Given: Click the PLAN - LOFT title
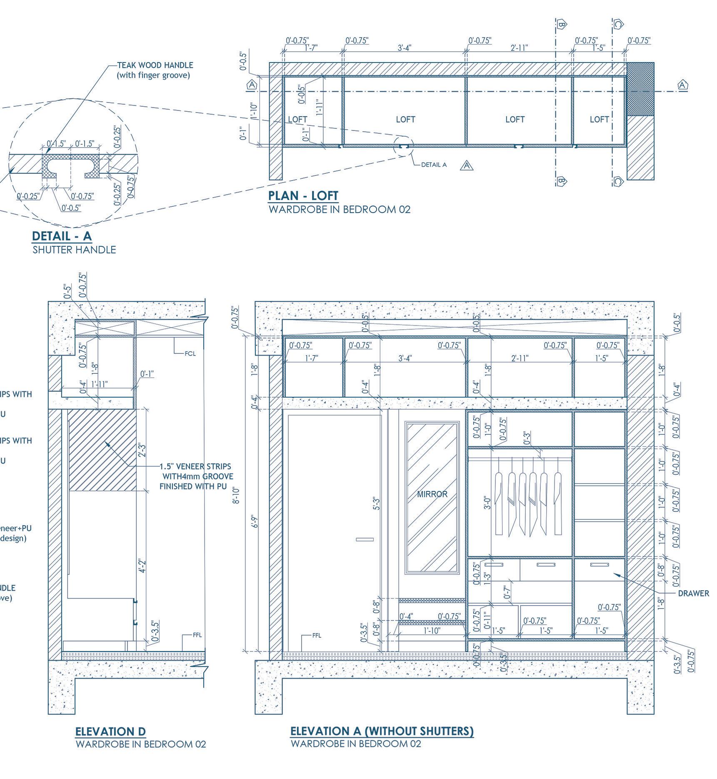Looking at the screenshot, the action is pyautogui.click(x=303, y=195).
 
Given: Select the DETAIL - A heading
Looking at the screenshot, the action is pyautogui.click(x=62, y=236).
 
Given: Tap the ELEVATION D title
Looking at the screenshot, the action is pyautogui.click(x=110, y=731).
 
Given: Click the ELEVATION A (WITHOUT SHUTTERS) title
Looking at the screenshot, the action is pyautogui.click(x=382, y=731).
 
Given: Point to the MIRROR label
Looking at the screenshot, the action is pyautogui.click(x=432, y=494).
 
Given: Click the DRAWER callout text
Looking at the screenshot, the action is pyautogui.click(x=693, y=594).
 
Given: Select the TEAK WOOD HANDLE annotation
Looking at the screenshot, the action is pyautogui.click(x=155, y=65).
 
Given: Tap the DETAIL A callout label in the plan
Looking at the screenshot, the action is pyautogui.click(x=434, y=165).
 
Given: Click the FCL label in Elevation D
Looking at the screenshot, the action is pyautogui.click(x=190, y=354).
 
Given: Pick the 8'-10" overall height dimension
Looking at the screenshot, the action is pyautogui.click(x=236, y=495).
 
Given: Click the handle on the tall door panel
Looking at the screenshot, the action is pyautogui.click(x=365, y=540).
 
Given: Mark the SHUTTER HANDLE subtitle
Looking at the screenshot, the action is pyautogui.click(x=74, y=250).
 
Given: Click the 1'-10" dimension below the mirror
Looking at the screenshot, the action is pyautogui.click(x=432, y=631).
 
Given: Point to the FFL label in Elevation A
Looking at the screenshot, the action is pyautogui.click(x=317, y=636).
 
